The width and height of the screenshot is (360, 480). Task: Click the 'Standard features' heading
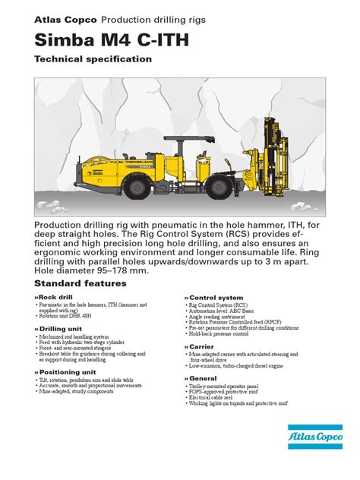coord(78,282)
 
